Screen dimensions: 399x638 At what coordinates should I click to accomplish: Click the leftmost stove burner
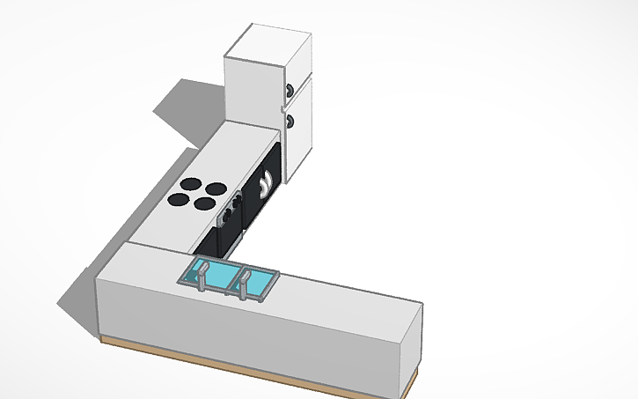[179, 201]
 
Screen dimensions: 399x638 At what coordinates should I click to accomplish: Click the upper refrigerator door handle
[290, 90]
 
